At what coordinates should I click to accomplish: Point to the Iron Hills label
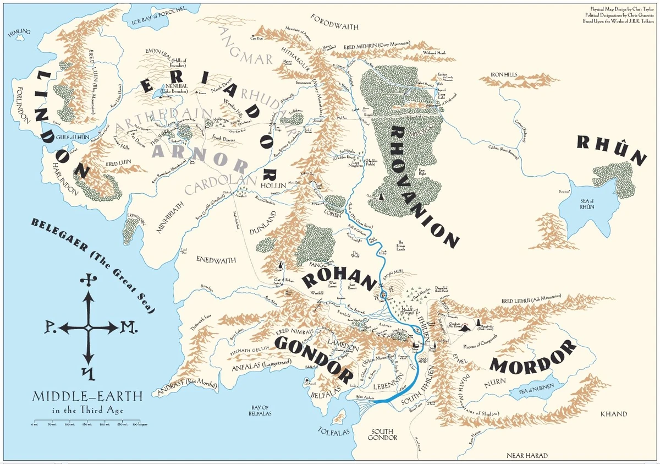pyautogui.click(x=504, y=74)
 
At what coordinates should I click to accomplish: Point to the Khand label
pyautogui.click(x=613, y=414)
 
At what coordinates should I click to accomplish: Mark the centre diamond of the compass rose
pyautogui.click(x=88, y=328)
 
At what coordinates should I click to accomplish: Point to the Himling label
pyautogui.click(x=16, y=34)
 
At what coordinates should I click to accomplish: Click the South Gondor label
pyautogui.click(x=384, y=435)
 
